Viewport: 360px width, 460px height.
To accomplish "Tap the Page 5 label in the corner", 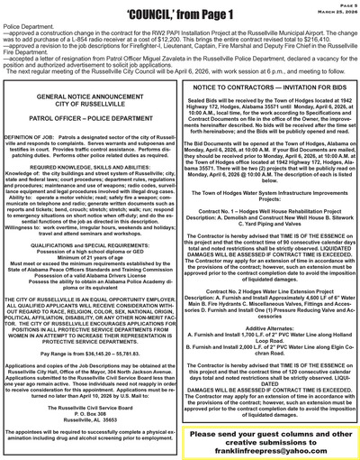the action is [x=347, y=5].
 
